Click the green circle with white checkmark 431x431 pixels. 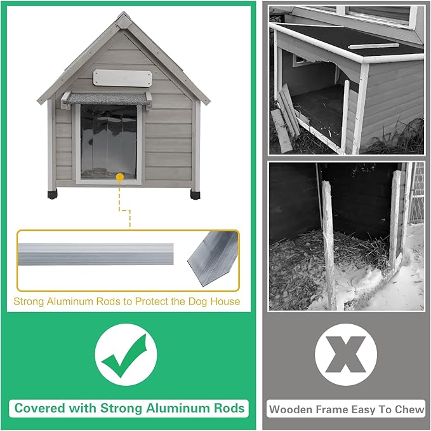click(126, 354)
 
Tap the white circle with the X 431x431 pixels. click(345, 354)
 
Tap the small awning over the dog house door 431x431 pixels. click(106, 98)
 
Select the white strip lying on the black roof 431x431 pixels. click(373, 45)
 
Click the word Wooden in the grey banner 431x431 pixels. click(289, 409)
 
